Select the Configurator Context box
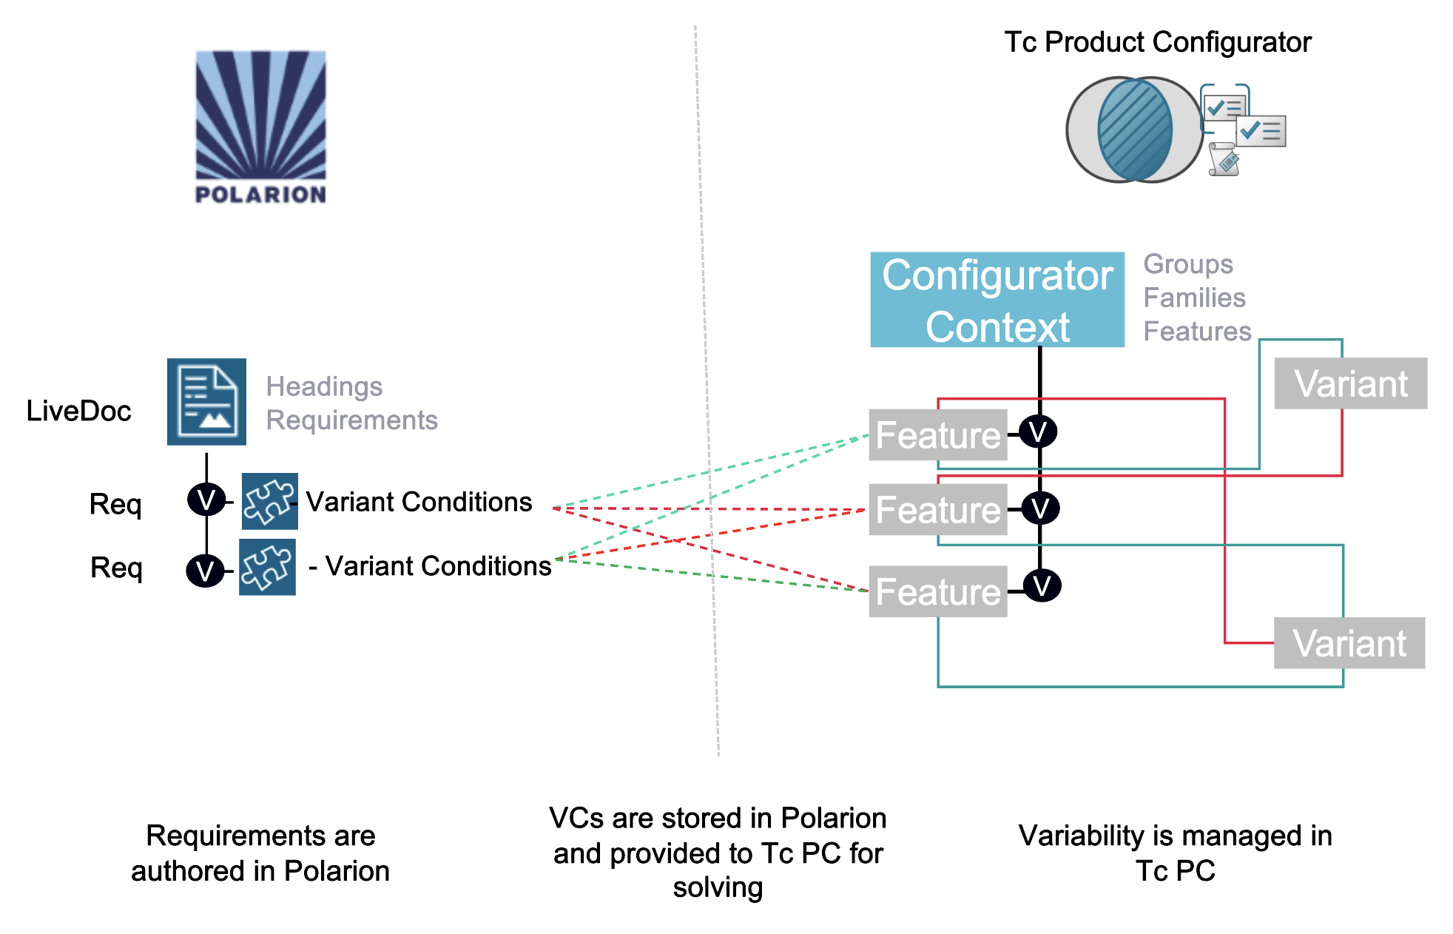tap(997, 300)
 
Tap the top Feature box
tap(937, 435)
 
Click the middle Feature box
tap(937, 510)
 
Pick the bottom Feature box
tap(937, 592)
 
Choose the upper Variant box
tap(1350, 383)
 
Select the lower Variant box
tap(1349, 643)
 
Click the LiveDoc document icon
tap(206, 402)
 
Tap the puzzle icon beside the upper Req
tap(269, 501)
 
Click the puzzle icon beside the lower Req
tap(267, 567)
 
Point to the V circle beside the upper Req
tap(206, 500)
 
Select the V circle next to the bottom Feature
tap(1042, 585)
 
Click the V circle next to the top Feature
tap(1037, 431)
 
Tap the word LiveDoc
tap(78, 411)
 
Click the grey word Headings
tap(324, 386)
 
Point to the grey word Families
tap(1194, 298)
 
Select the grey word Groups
tap(1188, 264)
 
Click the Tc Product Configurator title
tap(1157, 42)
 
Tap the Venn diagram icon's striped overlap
tap(1135, 130)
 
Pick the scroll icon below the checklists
tap(1223, 159)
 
